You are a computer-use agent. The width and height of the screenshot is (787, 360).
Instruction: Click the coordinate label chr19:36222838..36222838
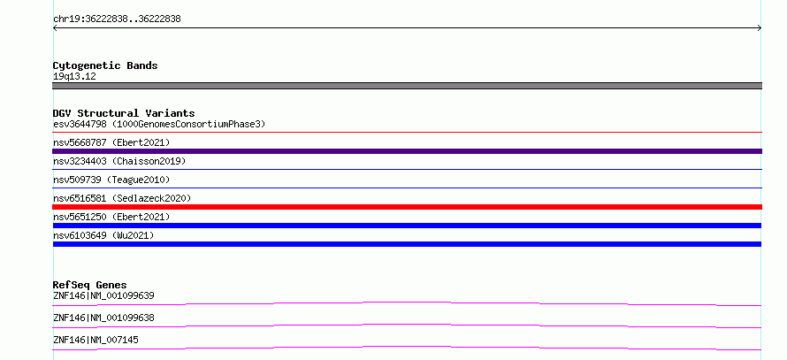pos(117,19)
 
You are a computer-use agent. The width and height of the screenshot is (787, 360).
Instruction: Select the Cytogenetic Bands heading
pos(105,65)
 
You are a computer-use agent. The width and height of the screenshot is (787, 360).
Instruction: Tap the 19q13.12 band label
pos(74,77)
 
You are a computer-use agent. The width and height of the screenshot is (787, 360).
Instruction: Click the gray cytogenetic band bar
pos(407,86)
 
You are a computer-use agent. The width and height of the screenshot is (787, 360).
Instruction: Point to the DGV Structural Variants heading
pos(124,113)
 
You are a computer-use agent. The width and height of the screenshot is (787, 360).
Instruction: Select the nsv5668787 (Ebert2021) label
pos(111,142)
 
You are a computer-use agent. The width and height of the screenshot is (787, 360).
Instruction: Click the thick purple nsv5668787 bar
pos(407,151)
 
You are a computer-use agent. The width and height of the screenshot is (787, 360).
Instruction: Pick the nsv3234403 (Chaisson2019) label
pos(119,161)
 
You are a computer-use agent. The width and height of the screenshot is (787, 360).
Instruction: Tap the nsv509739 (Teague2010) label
pos(111,180)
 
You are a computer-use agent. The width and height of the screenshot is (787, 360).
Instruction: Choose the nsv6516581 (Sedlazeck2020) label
pos(122,198)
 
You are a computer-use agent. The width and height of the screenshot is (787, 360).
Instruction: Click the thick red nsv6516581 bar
pos(407,207)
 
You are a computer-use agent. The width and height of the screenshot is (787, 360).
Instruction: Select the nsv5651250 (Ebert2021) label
pos(111,217)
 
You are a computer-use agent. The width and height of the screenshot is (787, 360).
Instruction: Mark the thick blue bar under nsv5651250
pos(407,226)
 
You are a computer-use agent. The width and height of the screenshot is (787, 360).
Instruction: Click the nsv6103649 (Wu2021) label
pos(103,235)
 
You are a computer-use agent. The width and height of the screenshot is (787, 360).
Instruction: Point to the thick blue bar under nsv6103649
pos(407,244)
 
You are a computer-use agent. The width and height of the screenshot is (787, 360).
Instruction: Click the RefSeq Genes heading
pos(90,285)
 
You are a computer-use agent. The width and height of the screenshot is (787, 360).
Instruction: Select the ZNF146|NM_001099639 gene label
pos(103,295)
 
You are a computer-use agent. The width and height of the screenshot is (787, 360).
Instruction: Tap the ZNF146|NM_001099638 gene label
pos(103,318)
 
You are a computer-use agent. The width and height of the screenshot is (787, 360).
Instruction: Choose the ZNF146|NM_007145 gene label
pos(96,340)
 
